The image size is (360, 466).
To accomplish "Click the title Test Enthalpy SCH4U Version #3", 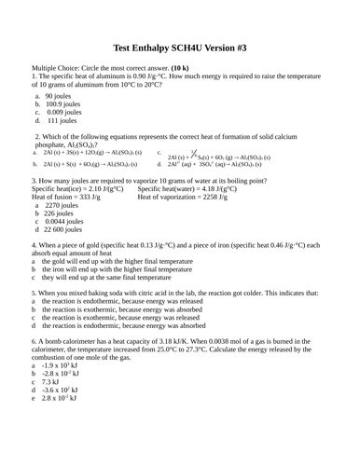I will [180, 49].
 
